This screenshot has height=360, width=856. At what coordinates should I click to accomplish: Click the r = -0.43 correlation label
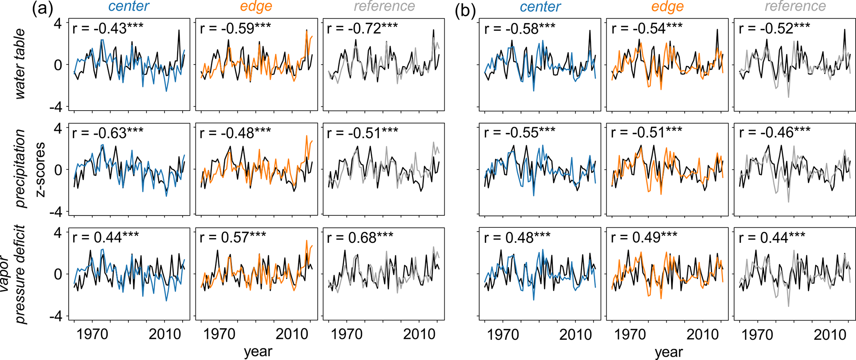click(108, 29)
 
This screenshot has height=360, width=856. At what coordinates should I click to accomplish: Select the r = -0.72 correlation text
click(362, 29)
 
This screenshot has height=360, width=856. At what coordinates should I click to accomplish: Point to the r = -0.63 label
click(108, 133)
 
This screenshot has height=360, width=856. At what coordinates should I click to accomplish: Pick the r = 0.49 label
click(644, 237)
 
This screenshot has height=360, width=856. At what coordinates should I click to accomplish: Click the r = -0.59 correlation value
click(235, 29)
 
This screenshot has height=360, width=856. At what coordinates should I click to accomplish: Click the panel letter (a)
click(43, 9)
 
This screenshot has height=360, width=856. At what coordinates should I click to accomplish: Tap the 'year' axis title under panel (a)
click(258, 351)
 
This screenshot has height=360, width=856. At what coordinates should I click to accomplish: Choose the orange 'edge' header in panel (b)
click(667, 7)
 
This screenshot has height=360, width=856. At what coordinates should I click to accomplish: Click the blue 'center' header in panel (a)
click(129, 7)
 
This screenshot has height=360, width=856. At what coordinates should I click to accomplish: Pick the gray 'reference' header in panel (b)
click(795, 7)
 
